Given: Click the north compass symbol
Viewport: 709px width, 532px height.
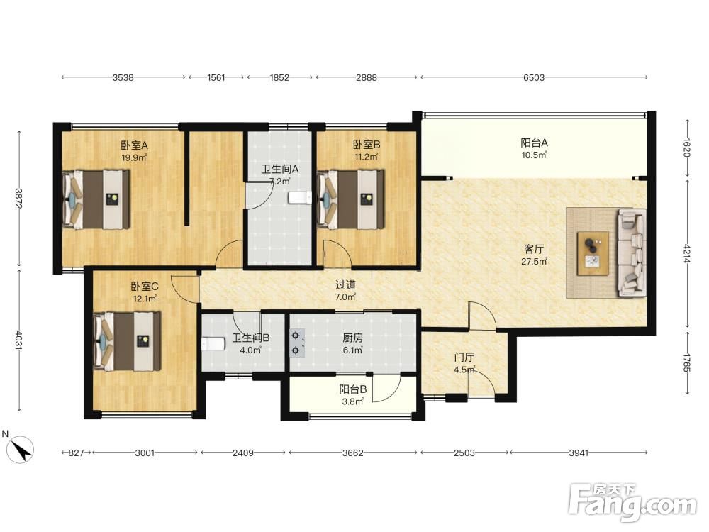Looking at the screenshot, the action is click(x=20, y=449).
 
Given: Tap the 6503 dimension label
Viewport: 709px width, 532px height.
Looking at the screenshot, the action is click(x=534, y=77).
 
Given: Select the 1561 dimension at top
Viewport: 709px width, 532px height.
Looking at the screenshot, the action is click(x=216, y=77).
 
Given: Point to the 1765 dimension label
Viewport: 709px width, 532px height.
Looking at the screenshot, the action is click(x=687, y=362).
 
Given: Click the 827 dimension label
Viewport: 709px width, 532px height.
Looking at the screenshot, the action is click(x=76, y=453).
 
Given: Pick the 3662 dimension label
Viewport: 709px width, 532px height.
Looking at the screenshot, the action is click(x=352, y=453).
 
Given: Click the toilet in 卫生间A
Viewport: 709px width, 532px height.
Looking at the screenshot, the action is click(x=300, y=197).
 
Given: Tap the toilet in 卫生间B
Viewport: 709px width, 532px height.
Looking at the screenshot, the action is click(x=213, y=344).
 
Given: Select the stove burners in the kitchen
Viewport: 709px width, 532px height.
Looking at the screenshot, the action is click(x=296, y=343).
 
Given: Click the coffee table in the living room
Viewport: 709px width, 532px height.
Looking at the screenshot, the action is click(x=593, y=253).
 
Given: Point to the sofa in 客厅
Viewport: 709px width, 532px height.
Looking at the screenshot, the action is click(x=632, y=253).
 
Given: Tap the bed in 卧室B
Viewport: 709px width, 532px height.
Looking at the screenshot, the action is click(x=351, y=199).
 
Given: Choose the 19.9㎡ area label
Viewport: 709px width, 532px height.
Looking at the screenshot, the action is click(x=134, y=157).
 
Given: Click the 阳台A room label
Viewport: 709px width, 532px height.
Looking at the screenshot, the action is click(x=534, y=143).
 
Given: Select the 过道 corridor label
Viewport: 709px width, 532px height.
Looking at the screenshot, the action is click(x=345, y=285).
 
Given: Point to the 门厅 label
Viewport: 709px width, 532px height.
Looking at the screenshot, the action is click(x=464, y=358).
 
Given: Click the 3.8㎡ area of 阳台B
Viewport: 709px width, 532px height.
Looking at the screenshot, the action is click(x=352, y=401).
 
